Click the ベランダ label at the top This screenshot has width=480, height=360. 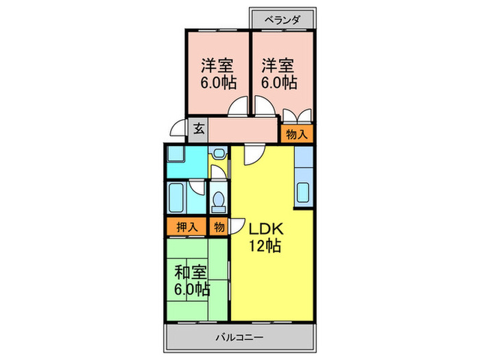282,19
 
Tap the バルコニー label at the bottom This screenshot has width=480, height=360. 239,337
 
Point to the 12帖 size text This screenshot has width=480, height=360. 265,246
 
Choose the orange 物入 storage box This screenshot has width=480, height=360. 296,135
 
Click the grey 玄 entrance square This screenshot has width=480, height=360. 197,128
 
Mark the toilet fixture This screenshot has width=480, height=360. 219,200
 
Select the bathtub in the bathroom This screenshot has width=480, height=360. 180,196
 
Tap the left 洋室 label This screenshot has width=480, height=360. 217,67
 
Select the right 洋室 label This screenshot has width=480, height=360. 278,67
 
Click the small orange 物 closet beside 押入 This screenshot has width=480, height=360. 219,226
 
